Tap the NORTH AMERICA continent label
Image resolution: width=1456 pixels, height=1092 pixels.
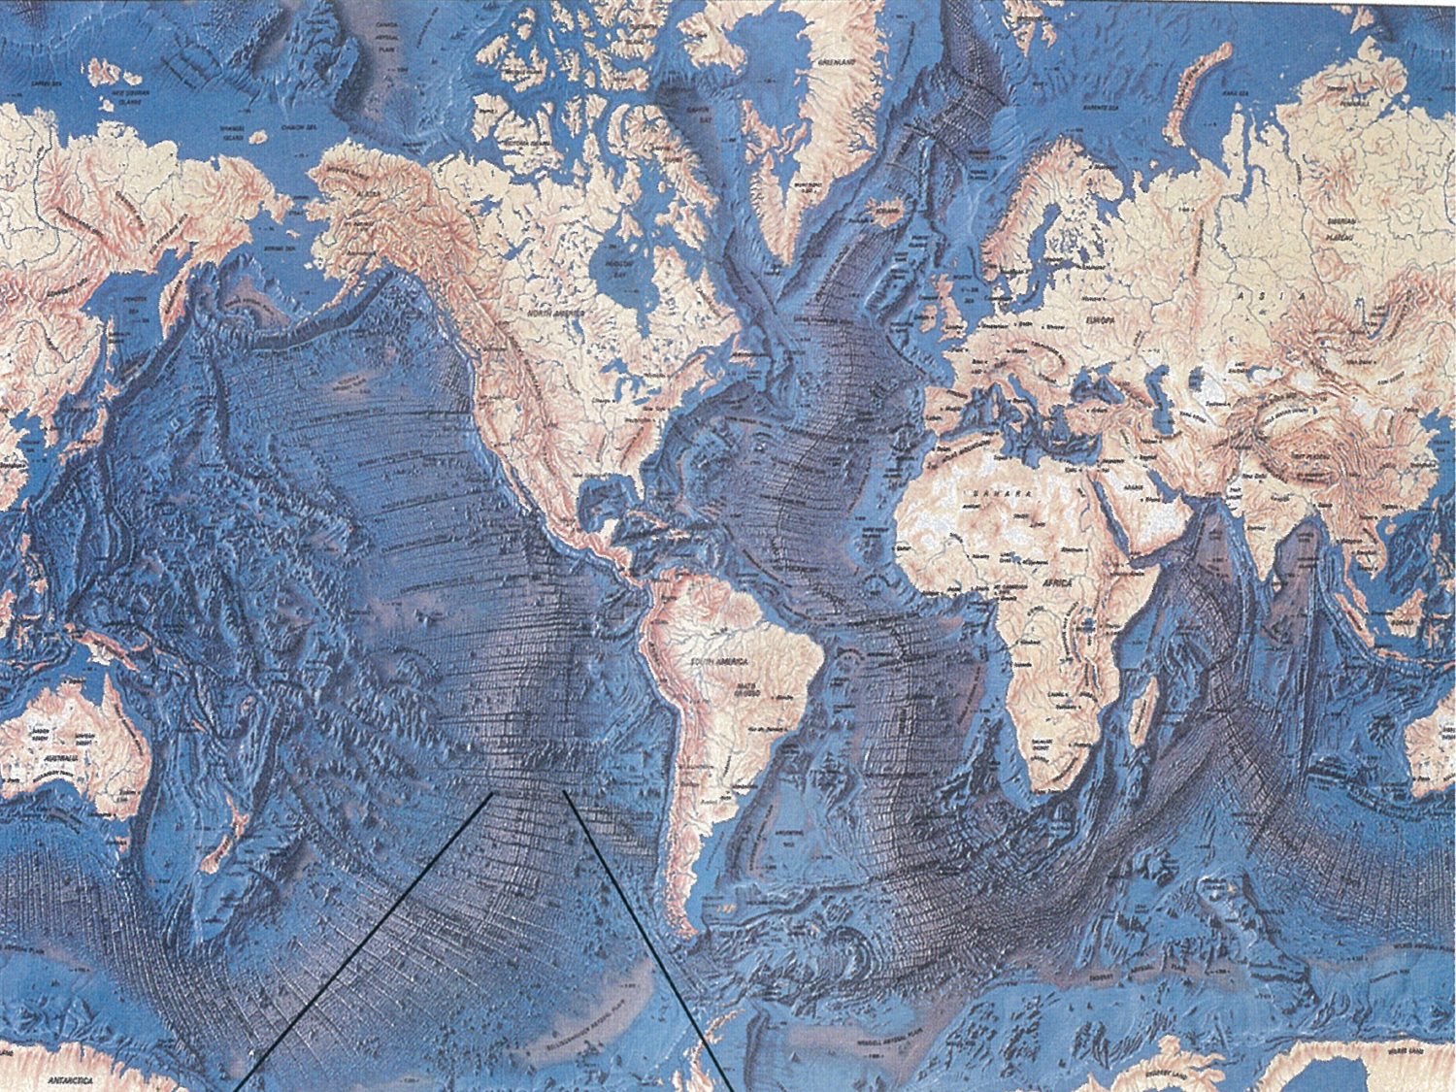[549, 315]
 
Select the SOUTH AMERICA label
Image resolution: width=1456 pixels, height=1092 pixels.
[717, 661]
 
